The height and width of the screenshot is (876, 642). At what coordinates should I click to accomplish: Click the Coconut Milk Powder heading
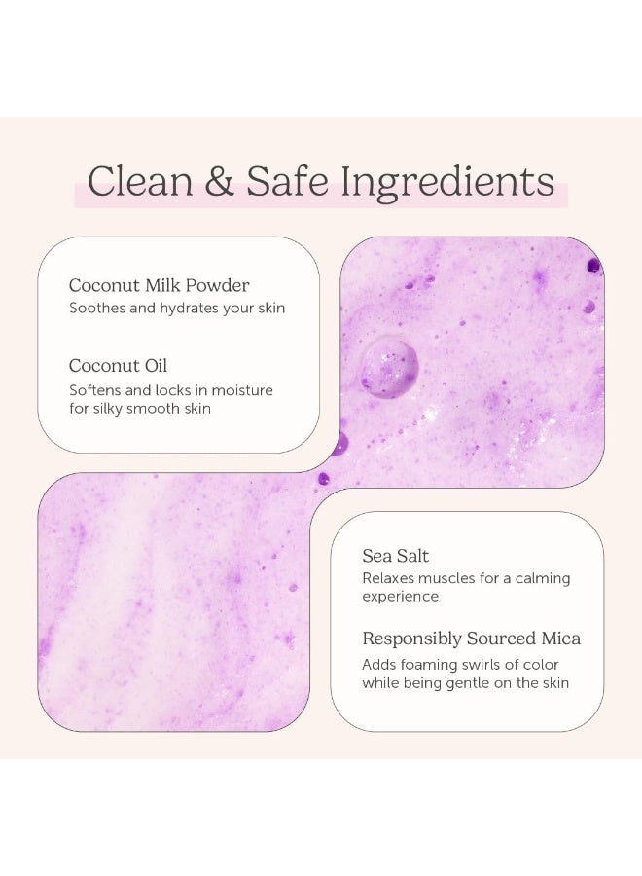click(159, 285)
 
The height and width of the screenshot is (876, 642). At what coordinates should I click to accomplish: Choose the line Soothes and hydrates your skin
click(177, 309)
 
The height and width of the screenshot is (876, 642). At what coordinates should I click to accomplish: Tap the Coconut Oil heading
click(118, 366)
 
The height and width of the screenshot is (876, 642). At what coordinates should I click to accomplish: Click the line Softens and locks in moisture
click(171, 390)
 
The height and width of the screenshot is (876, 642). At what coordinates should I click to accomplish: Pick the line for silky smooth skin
click(139, 409)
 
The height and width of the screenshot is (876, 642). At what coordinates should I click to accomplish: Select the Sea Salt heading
click(396, 556)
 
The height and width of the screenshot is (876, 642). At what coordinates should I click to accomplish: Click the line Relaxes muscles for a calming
click(466, 578)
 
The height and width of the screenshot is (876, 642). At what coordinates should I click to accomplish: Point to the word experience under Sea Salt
click(401, 597)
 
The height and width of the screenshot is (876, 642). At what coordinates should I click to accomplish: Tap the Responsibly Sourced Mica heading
click(472, 639)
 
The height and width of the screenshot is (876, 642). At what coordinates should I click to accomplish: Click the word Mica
click(560, 639)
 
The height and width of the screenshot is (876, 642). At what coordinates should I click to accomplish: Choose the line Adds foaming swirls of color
click(460, 665)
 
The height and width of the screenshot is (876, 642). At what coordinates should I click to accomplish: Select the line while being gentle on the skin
click(465, 683)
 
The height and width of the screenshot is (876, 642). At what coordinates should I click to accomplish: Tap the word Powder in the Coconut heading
click(221, 285)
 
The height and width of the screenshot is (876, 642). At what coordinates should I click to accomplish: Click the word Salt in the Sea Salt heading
click(411, 556)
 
